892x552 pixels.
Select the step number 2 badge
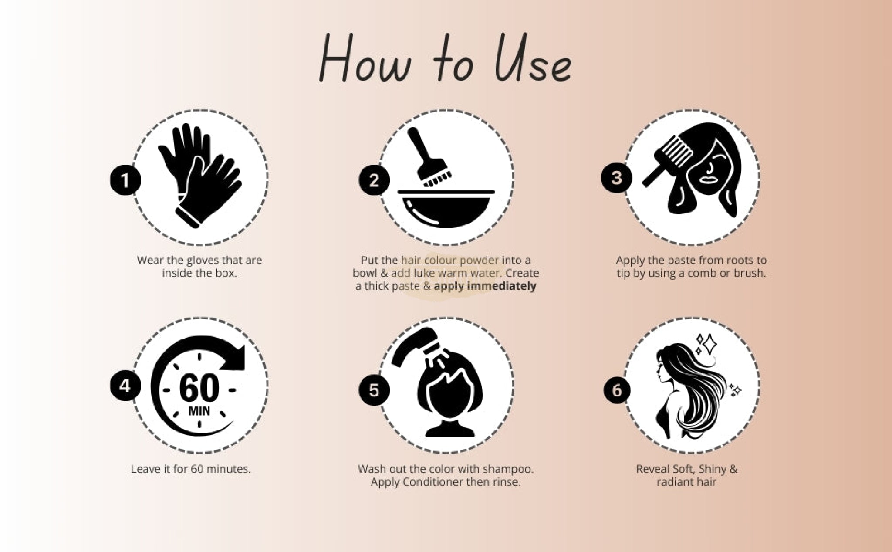pyautogui.click(x=374, y=180)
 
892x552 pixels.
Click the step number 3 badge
pyautogui.click(x=617, y=177)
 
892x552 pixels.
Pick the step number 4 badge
pyautogui.click(x=125, y=386)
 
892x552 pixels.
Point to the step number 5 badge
pyautogui.click(x=374, y=390)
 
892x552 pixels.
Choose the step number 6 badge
pyautogui.click(x=617, y=390)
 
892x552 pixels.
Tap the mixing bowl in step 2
pyautogui.click(x=446, y=209)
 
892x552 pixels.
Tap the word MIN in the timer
pyautogui.click(x=199, y=410)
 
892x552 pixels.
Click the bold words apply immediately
pyautogui.click(x=485, y=286)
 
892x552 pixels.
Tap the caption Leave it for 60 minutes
pyautogui.click(x=191, y=469)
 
